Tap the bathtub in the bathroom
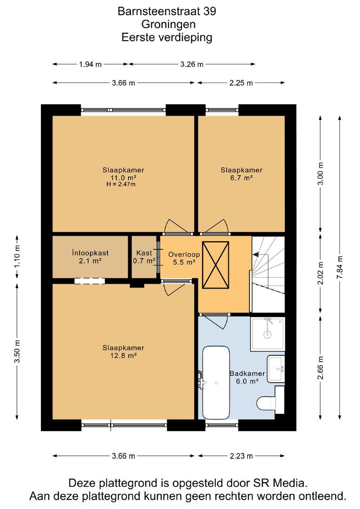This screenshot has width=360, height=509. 215,383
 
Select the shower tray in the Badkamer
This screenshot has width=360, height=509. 268,334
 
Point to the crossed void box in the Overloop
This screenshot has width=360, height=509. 215,264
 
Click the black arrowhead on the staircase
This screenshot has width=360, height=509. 255,254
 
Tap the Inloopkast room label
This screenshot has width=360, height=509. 90,253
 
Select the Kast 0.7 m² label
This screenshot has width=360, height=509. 144,257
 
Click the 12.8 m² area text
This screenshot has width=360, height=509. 123,355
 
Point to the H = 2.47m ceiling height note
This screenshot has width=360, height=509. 121,184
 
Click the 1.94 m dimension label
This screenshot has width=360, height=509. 90,64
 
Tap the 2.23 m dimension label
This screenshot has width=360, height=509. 241,456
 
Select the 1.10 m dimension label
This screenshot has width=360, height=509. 17,256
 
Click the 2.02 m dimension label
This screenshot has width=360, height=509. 320,273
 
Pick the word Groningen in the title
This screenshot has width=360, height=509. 168,25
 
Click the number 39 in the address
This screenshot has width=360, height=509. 210,11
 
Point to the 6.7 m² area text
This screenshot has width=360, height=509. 241,178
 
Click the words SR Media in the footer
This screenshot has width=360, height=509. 280,483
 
